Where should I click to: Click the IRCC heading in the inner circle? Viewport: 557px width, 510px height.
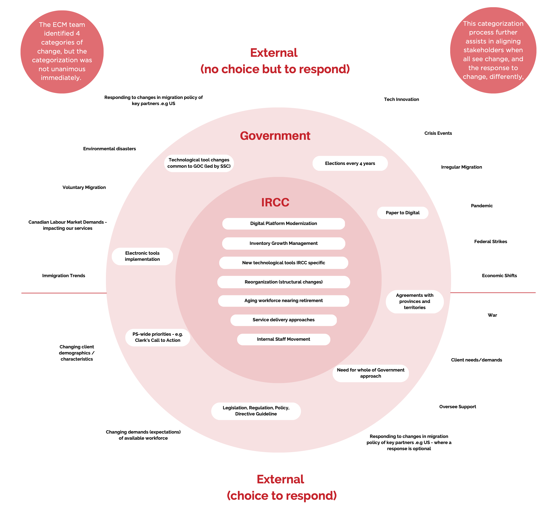pyautogui.click(x=275, y=202)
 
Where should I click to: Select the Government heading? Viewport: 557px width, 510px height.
pyautogui.click(x=275, y=136)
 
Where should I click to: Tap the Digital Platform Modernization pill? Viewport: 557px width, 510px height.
pyautogui.click(x=284, y=223)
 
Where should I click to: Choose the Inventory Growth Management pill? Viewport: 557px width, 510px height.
pyautogui.click(x=284, y=243)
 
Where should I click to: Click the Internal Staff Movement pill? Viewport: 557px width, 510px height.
pyautogui.click(x=284, y=339)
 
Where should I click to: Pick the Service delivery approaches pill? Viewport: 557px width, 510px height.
pyautogui.click(x=284, y=320)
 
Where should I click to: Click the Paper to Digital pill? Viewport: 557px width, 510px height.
pyautogui.click(x=403, y=213)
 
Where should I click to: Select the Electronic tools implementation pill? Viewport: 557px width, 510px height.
pyautogui.click(x=142, y=256)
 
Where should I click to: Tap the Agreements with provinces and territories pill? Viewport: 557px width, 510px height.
pyautogui.click(x=414, y=301)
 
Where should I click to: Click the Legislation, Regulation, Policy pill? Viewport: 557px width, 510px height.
pyautogui.click(x=256, y=411)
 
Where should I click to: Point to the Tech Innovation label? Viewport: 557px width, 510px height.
pyautogui.click(x=401, y=99)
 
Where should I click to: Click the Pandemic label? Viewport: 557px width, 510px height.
pyautogui.click(x=482, y=206)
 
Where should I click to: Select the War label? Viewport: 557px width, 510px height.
pyautogui.click(x=492, y=315)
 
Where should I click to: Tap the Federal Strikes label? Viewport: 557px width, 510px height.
pyautogui.click(x=490, y=242)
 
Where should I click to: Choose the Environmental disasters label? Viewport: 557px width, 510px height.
pyautogui.click(x=109, y=149)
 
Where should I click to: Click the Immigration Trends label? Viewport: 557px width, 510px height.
pyautogui.click(x=64, y=276)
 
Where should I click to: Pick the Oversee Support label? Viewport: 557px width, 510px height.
pyautogui.click(x=458, y=407)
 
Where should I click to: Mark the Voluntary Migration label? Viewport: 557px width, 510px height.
pyautogui.click(x=84, y=188)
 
